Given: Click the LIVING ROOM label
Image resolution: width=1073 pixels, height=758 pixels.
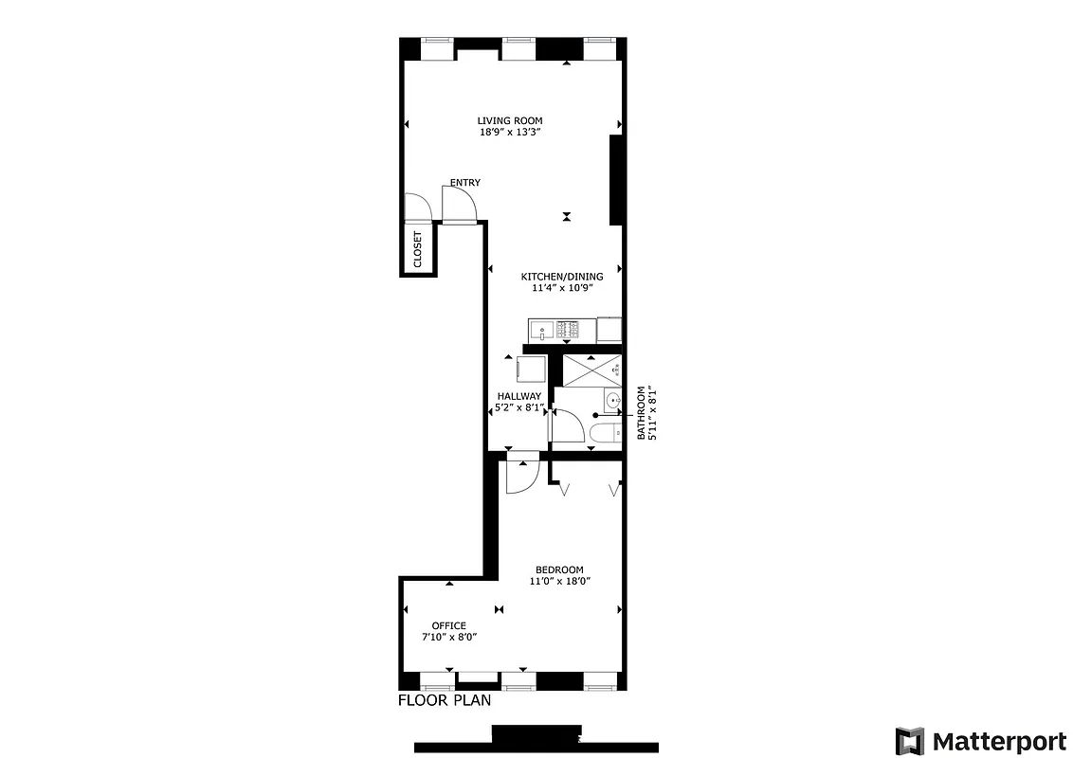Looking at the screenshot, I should [x=510, y=120].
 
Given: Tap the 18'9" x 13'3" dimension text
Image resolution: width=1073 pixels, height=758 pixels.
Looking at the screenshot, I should [x=510, y=133].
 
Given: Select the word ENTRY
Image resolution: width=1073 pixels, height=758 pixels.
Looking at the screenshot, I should [x=464, y=183].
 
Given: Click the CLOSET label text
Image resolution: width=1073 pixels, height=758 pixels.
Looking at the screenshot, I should [x=418, y=248].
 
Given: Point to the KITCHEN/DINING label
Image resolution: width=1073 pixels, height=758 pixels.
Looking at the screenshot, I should [x=561, y=277].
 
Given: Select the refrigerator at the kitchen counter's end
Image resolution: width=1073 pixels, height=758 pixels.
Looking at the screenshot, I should [x=609, y=330].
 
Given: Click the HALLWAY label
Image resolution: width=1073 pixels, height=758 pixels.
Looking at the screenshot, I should [x=519, y=396].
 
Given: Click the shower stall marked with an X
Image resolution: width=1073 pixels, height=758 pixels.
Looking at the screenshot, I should [x=591, y=370].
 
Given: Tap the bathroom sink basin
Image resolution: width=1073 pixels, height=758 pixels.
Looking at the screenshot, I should [x=612, y=401].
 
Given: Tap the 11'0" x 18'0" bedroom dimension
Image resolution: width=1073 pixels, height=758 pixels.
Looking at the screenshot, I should [x=559, y=582].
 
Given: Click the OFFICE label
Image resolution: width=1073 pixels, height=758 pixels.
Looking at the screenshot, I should [x=448, y=625].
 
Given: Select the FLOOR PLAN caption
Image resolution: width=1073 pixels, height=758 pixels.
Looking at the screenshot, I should [x=445, y=701].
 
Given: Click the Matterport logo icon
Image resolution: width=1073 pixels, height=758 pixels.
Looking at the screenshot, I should [x=910, y=741].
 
